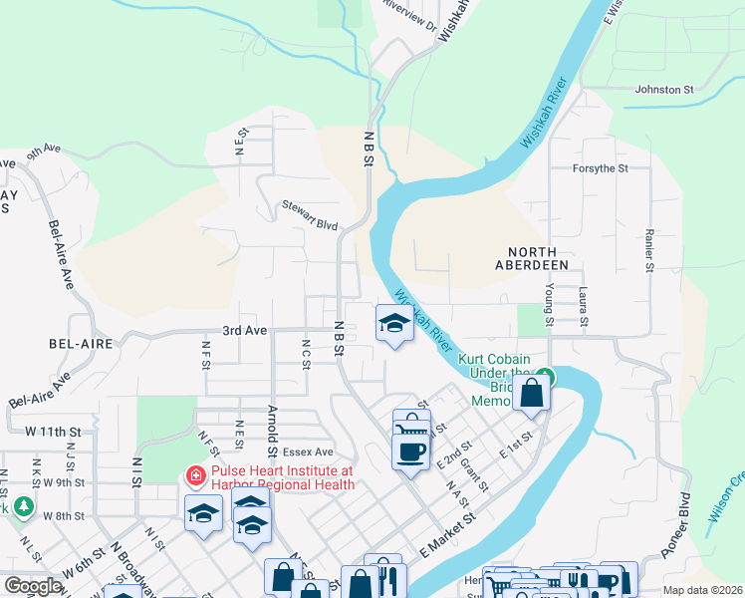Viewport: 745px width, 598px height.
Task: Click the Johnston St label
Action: click(664, 90)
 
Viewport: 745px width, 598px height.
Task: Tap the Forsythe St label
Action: click(600, 168)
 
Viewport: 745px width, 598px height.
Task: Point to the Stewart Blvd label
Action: click(309, 224)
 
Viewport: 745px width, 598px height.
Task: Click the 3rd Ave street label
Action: click(244, 330)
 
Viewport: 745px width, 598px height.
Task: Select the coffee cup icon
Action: click(411, 453)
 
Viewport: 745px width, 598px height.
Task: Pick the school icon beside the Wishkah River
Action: click(395, 324)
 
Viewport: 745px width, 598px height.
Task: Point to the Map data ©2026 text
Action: click(701, 590)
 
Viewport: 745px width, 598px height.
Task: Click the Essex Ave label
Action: click(311, 450)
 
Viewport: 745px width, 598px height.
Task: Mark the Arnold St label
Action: click(271, 425)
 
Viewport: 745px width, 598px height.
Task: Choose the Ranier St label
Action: click(648, 252)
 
